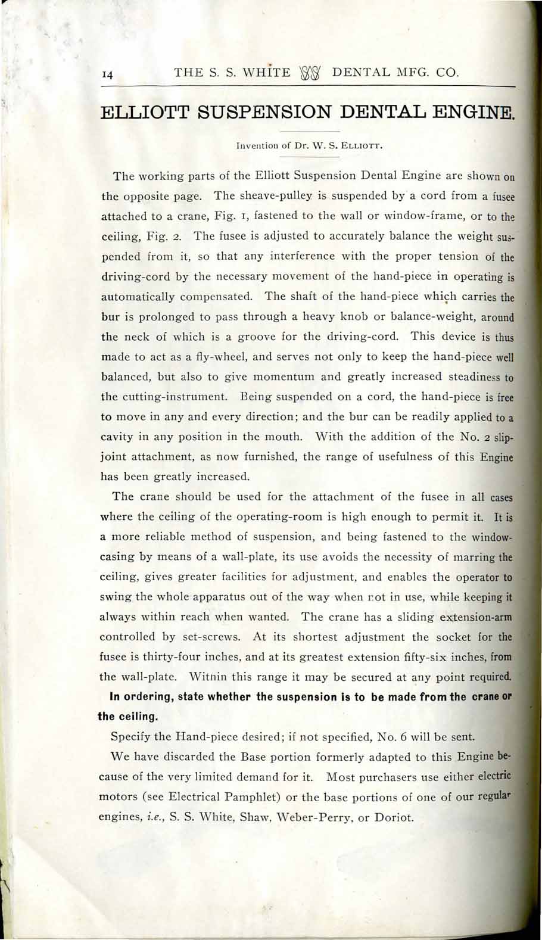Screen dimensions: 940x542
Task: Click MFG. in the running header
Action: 410,73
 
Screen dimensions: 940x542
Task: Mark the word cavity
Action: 117,437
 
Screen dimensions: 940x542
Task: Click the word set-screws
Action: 210,637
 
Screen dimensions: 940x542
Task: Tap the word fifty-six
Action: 450,657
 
